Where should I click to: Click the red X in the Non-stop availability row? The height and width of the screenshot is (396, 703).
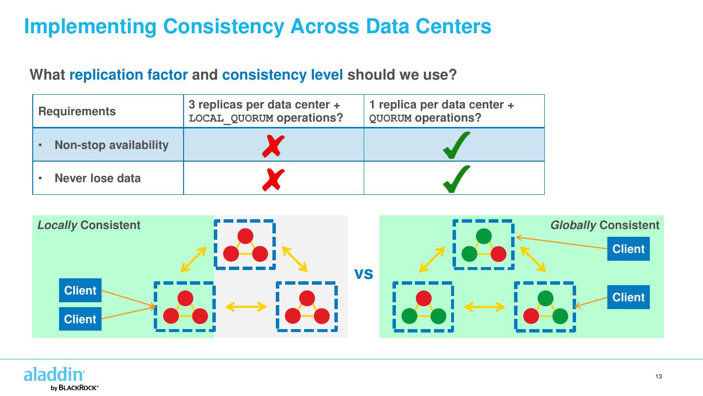coord(273,146)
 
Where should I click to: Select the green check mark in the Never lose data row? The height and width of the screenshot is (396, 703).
coord(456,179)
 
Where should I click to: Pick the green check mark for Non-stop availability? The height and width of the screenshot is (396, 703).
coord(456,146)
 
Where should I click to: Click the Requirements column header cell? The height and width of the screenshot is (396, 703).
coord(77,111)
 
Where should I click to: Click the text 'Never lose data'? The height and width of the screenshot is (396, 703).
coord(98,178)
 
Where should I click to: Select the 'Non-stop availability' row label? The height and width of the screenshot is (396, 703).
coord(111,145)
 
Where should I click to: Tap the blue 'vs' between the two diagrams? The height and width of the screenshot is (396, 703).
coord(364,274)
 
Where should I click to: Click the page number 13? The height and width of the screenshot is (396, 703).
coord(659,376)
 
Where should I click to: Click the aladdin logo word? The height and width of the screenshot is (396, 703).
coord(54,375)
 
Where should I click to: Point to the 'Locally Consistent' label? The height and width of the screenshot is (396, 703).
coord(89,225)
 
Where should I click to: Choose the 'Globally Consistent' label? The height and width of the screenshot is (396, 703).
coord(604,225)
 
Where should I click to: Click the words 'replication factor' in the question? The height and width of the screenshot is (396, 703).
coord(128,75)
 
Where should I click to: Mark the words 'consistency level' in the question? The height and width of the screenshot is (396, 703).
coord(282,75)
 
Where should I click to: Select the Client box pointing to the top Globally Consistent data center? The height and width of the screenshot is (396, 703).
coord(628,249)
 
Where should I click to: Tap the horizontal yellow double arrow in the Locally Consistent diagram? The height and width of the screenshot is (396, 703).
coord(246,307)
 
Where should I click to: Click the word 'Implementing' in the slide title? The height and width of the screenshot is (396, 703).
coord(90,26)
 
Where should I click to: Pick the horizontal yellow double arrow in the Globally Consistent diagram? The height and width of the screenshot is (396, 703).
coord(484,307)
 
